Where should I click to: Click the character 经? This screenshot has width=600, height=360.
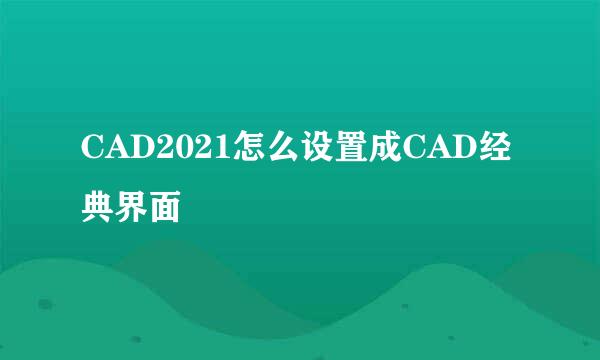(497, 151)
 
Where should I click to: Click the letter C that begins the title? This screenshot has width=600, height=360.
(93, 152)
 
